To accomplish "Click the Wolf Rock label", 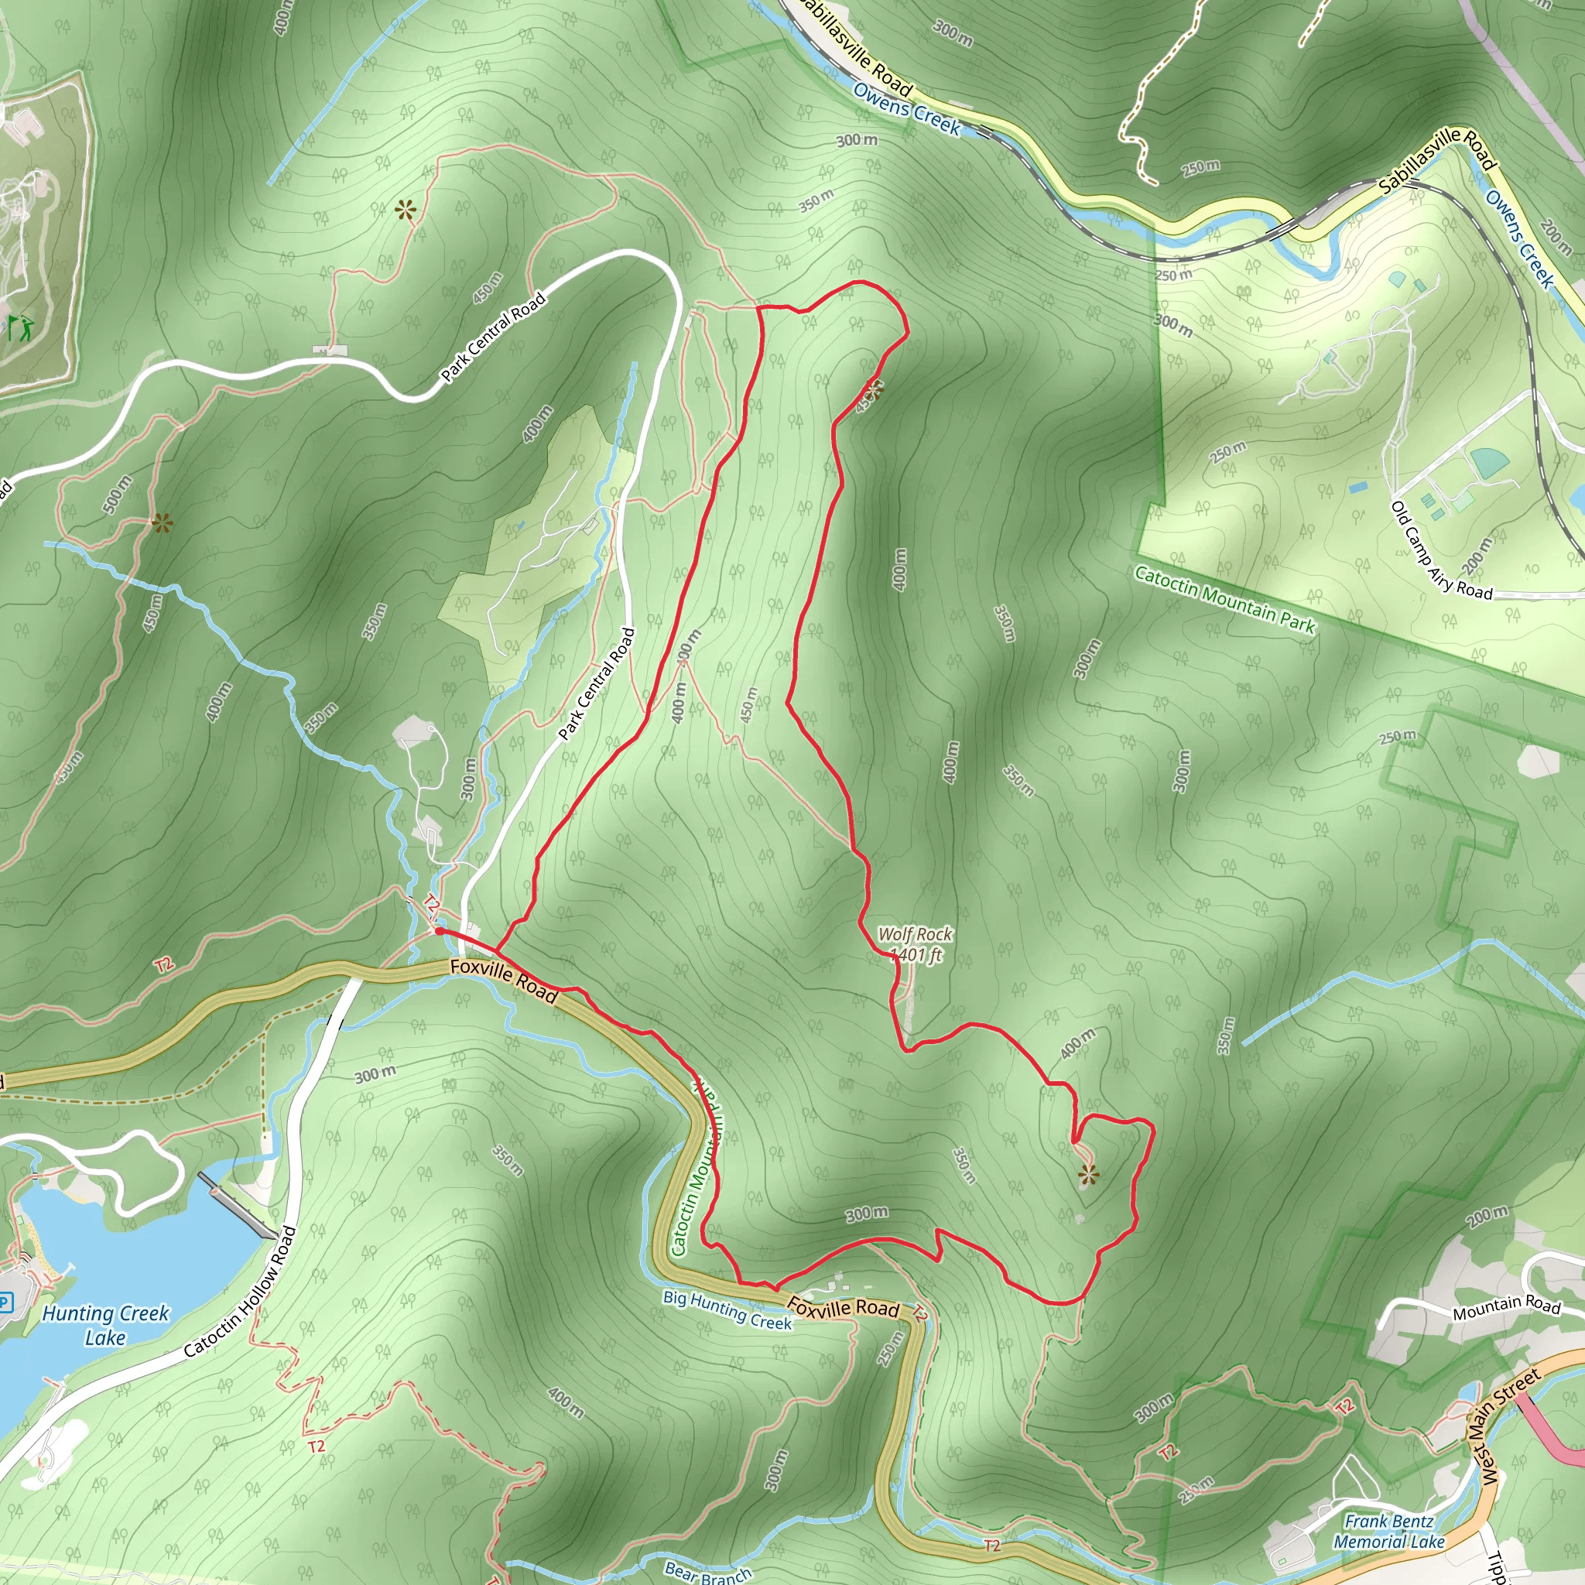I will point(915,933).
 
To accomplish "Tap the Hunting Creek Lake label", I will point(105,1325).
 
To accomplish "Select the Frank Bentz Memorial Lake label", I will point(1388,1531).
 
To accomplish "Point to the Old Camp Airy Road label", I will point(1440,551).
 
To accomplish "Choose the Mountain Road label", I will point(1506,1307).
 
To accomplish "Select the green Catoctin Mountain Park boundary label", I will point(1225,600).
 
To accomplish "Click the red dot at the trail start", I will point(439,931).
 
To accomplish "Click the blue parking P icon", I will point(5,1302).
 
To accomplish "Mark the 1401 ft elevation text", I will point(916,954).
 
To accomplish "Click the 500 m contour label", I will point(118,495).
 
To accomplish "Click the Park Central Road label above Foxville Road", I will point(597,684).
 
